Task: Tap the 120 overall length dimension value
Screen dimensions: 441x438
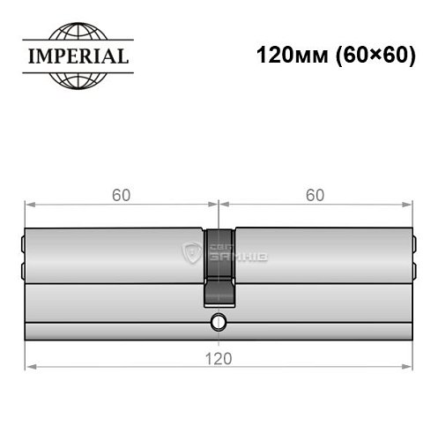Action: (219, 357)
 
